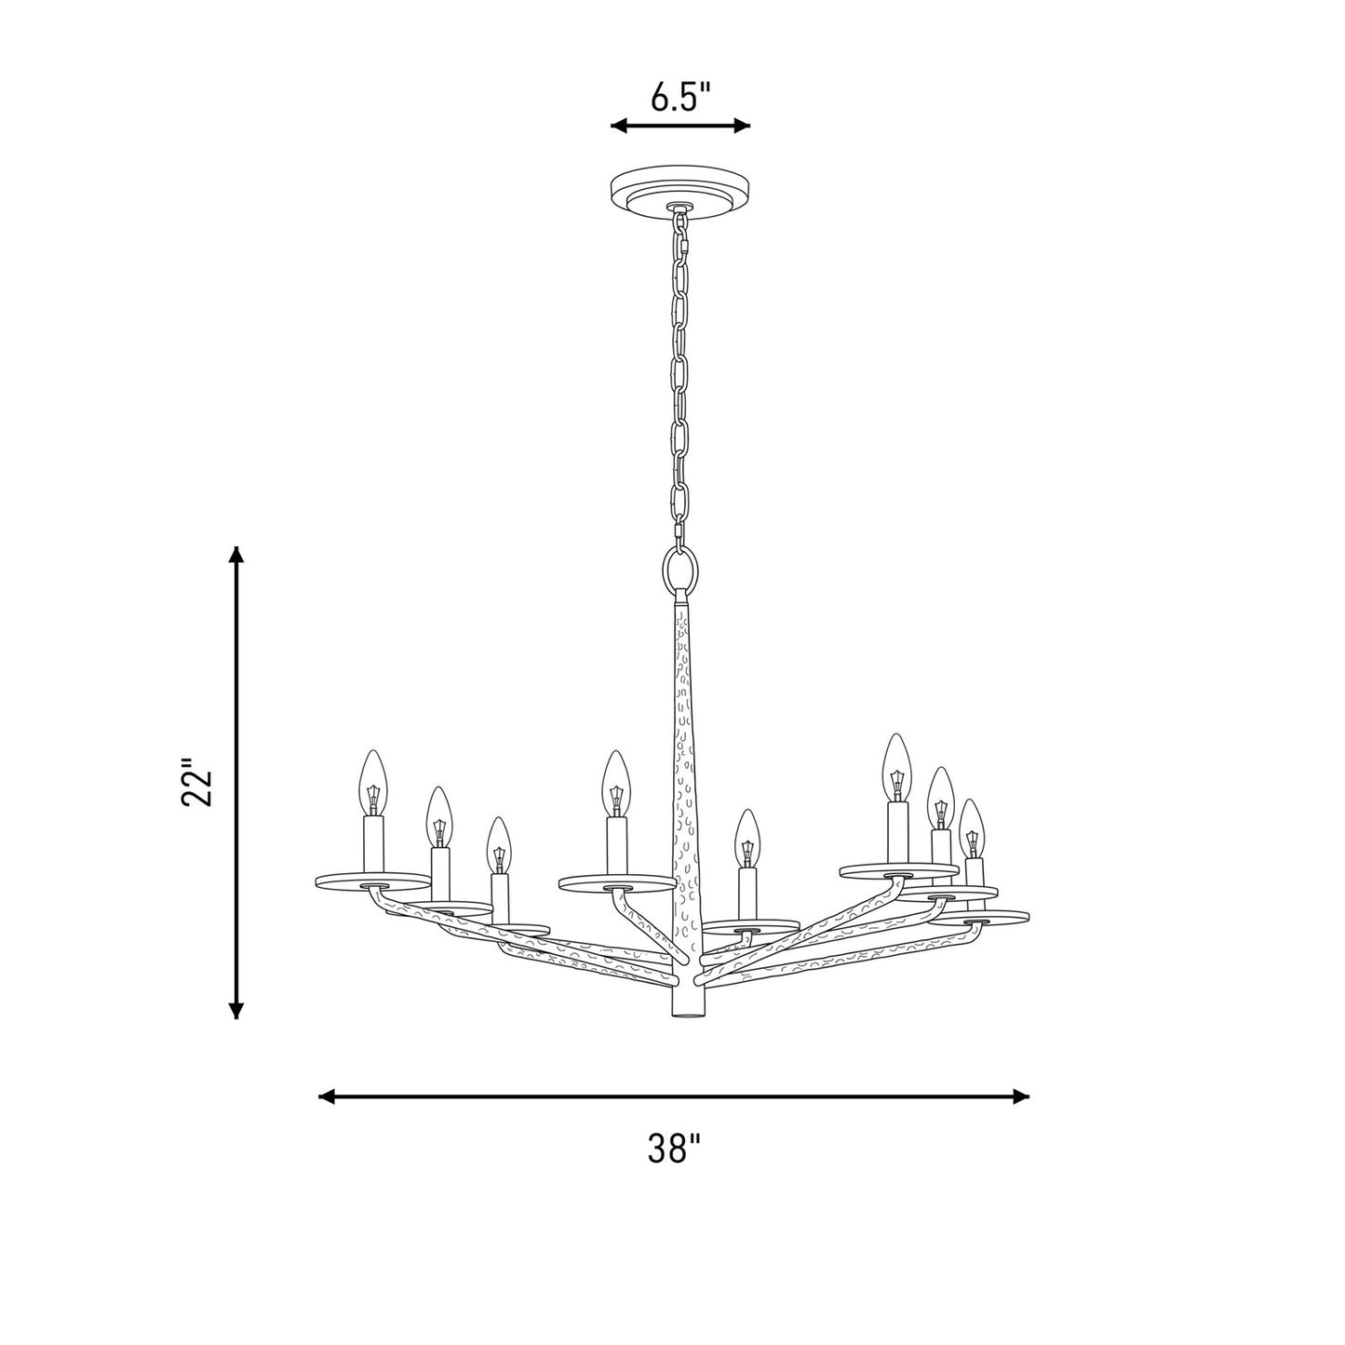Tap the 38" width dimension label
pos(674,1148)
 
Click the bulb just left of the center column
pos(616,783)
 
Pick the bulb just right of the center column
pos(747,839)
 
